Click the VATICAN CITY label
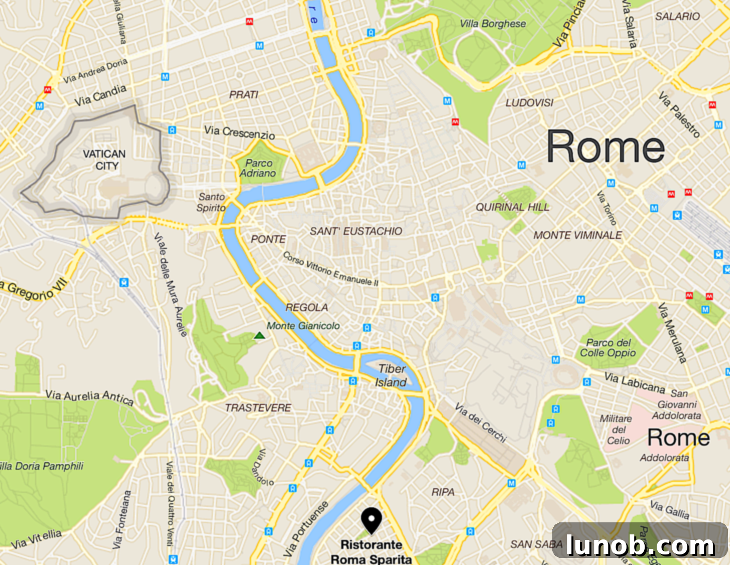(104, 160)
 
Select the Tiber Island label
(391, 375)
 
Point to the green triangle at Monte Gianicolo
(259, 335)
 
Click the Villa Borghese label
(493, 24)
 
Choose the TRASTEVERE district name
(258, 407)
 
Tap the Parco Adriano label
(258, 168)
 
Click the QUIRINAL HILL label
(512, 207)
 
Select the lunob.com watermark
(640, 544)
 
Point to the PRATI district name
(244, 94)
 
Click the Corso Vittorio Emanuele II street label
(330, 269)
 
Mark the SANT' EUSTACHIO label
(355, 231)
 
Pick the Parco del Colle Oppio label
(608, 347)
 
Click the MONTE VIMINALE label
(577, 235)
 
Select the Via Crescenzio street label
(239, 132)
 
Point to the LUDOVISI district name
(529, 102)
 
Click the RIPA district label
(443, 492)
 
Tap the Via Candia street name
(100, 95)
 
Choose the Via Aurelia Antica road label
(89, 397)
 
